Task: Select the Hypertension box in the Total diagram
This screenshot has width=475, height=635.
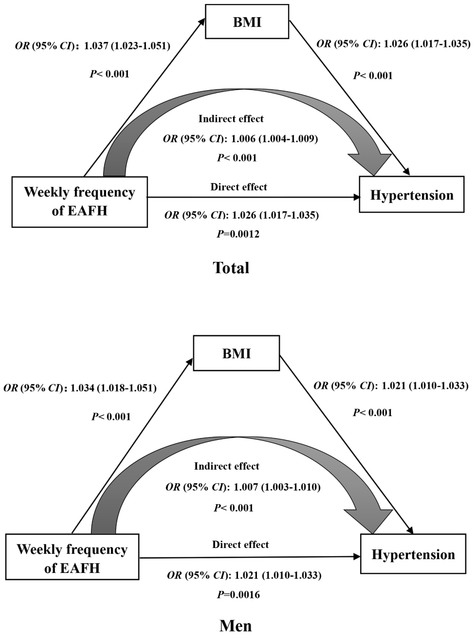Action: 412,195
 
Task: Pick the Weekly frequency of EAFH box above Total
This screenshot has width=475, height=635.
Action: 79,202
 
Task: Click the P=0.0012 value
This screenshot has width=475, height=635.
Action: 238,234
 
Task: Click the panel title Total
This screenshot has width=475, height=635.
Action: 231,268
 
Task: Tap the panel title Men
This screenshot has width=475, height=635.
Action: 235,626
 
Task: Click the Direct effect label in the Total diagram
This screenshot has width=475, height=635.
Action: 239,187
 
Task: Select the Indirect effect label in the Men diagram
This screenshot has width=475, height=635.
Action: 227,466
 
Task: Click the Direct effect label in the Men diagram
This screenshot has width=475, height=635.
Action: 240,544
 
